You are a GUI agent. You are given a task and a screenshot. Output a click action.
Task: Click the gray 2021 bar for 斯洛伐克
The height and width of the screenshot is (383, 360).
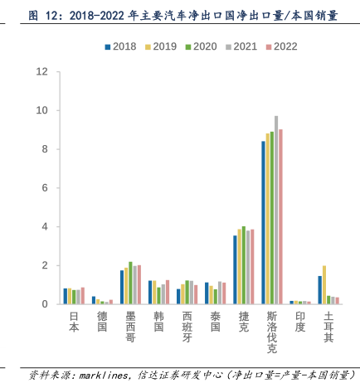click(276, 210)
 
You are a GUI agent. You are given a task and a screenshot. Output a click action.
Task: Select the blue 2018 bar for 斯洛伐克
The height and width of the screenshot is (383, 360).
click(263, 223)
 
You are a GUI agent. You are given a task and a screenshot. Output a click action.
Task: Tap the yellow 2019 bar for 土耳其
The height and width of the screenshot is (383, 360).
click(324, 285)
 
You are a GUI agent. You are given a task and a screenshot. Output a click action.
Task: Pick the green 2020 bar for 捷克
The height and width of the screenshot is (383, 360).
click(244, 265)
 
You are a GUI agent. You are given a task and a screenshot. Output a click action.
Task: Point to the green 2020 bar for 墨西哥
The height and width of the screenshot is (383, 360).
click(130, 283)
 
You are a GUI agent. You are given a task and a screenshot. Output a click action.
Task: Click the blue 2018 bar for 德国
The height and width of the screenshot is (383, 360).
click(94, 300)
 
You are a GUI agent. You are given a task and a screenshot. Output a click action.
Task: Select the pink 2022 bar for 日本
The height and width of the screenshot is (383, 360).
click(83, 296)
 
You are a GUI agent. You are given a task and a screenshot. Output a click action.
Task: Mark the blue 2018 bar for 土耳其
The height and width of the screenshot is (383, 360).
click(320, 290)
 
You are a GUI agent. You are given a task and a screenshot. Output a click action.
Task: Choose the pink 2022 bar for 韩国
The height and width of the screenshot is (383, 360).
click(168, 293)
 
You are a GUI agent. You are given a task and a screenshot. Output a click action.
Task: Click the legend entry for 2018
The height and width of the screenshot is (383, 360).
click(120, 46)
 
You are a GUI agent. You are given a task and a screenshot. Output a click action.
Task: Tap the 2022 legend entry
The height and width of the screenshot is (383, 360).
click(281, 46)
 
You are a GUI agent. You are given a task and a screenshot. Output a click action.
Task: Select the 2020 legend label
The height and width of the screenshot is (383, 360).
click(205, 46)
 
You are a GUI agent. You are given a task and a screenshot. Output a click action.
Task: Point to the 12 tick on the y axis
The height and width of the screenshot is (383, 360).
click(42, 72)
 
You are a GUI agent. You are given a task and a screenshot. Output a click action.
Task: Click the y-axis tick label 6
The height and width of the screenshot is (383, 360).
click(45, 188)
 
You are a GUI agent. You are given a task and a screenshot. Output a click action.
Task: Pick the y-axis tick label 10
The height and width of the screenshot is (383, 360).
click(42, 110)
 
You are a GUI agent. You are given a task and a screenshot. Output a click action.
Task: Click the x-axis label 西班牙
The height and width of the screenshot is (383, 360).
click(187, 327)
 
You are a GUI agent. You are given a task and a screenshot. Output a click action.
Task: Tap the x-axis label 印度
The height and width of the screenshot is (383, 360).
click(300, 322)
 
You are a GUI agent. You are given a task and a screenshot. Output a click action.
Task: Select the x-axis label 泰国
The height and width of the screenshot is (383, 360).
click(216, 322)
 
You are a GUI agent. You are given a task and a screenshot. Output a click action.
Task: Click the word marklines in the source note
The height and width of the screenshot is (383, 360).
click(104, 376)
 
